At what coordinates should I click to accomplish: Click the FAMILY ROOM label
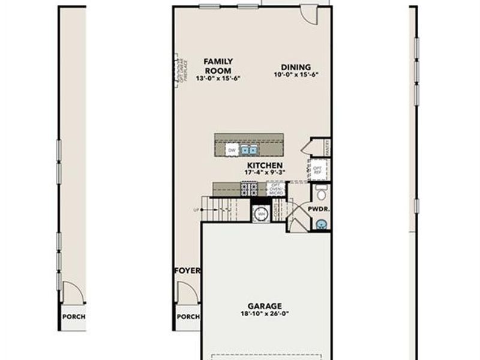click(x=218, y=65)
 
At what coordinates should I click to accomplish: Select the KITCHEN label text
click(x=265, y=164)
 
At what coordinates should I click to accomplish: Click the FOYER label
click(x=187, y=271)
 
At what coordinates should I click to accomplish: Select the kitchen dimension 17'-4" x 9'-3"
click(x=265, y=172)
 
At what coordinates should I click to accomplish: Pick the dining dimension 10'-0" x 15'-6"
click(x=295, y=75)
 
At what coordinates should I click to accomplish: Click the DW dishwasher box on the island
click(x=232, y=149)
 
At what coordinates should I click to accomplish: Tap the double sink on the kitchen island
click(x=250, y=149)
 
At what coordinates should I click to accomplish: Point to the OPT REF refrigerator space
click(x=318, y=169)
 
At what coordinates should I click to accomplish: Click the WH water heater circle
click(x=261, y=213)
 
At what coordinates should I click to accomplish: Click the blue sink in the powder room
click(x=322, y=225)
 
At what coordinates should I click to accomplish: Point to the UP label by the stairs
click(x=196, y=209)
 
